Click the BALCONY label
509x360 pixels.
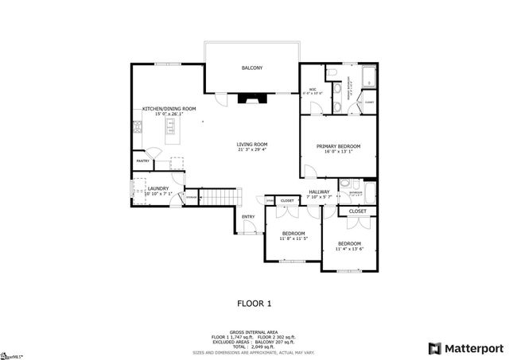tap(252, 68)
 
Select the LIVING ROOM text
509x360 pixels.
tap(252, 145)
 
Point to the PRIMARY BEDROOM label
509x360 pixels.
tap(338, 146)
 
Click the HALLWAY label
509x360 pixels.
tap(319, 192)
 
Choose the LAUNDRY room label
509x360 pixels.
tap(157, 188)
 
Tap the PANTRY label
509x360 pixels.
tap(143, 161)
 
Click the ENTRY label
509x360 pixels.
tap(249, 215)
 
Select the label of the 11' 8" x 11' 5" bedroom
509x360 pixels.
tap(293, 233)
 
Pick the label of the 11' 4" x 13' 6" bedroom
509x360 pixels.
tap(349, 243)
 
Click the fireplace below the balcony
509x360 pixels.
tap(253, 98)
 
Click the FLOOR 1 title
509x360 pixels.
tap(254, 303)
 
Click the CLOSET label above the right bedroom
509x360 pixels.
tap(357, 211)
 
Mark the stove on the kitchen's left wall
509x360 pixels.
tap(138, 126)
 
